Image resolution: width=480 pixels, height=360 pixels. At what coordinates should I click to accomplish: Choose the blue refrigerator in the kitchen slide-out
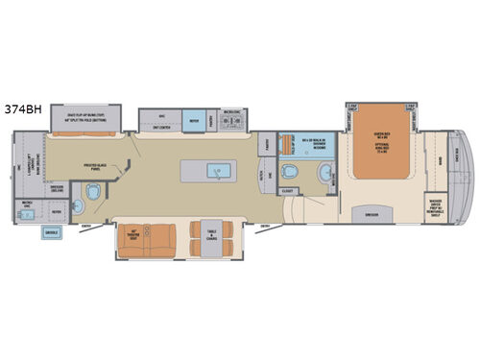[194, 122]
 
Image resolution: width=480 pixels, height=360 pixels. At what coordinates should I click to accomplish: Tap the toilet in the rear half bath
[92, 194]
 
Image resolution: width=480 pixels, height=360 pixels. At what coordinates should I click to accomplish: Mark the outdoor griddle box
[54, 233]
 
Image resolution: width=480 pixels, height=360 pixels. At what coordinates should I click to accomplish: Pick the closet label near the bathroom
[287, 191]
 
